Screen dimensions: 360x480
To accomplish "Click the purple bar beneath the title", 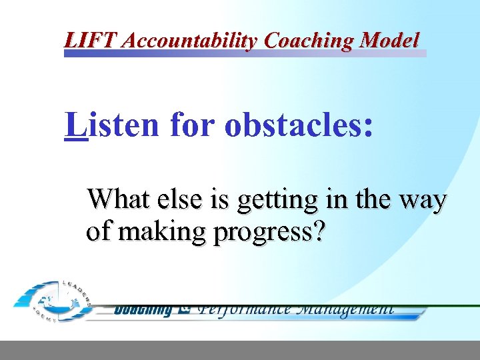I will click(x=245, y=53).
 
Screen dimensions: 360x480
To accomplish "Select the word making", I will click(x=151, y=232).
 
